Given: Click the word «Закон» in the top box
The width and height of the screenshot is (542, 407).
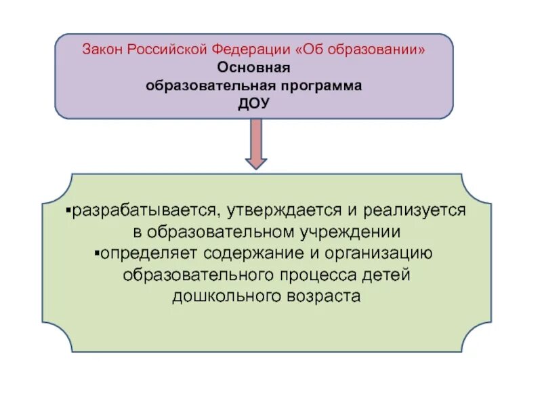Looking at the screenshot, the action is click(101, 50).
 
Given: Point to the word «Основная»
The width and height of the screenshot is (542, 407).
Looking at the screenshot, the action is click(253, 69).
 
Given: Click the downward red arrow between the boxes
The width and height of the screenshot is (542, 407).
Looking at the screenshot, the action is click(255, 143).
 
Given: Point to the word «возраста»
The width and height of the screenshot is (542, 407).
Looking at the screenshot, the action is click(322, 297).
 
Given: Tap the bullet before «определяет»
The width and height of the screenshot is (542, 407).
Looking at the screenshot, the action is click(96, 254).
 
